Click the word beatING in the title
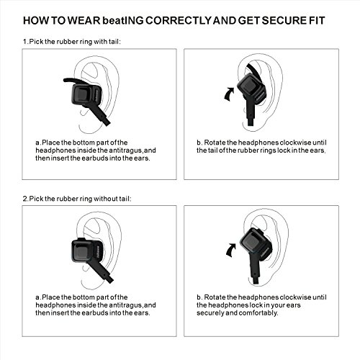pos(123,20)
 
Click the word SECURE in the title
pos(283,20)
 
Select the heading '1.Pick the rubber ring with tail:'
pos(72,42)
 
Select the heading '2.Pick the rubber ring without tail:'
pos(77,199)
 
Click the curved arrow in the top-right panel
pos(229,94)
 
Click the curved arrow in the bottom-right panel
pos(231,250)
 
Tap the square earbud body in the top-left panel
pos(86,96)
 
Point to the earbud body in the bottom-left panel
pos(88,252)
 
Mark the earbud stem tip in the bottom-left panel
pos(109,279)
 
